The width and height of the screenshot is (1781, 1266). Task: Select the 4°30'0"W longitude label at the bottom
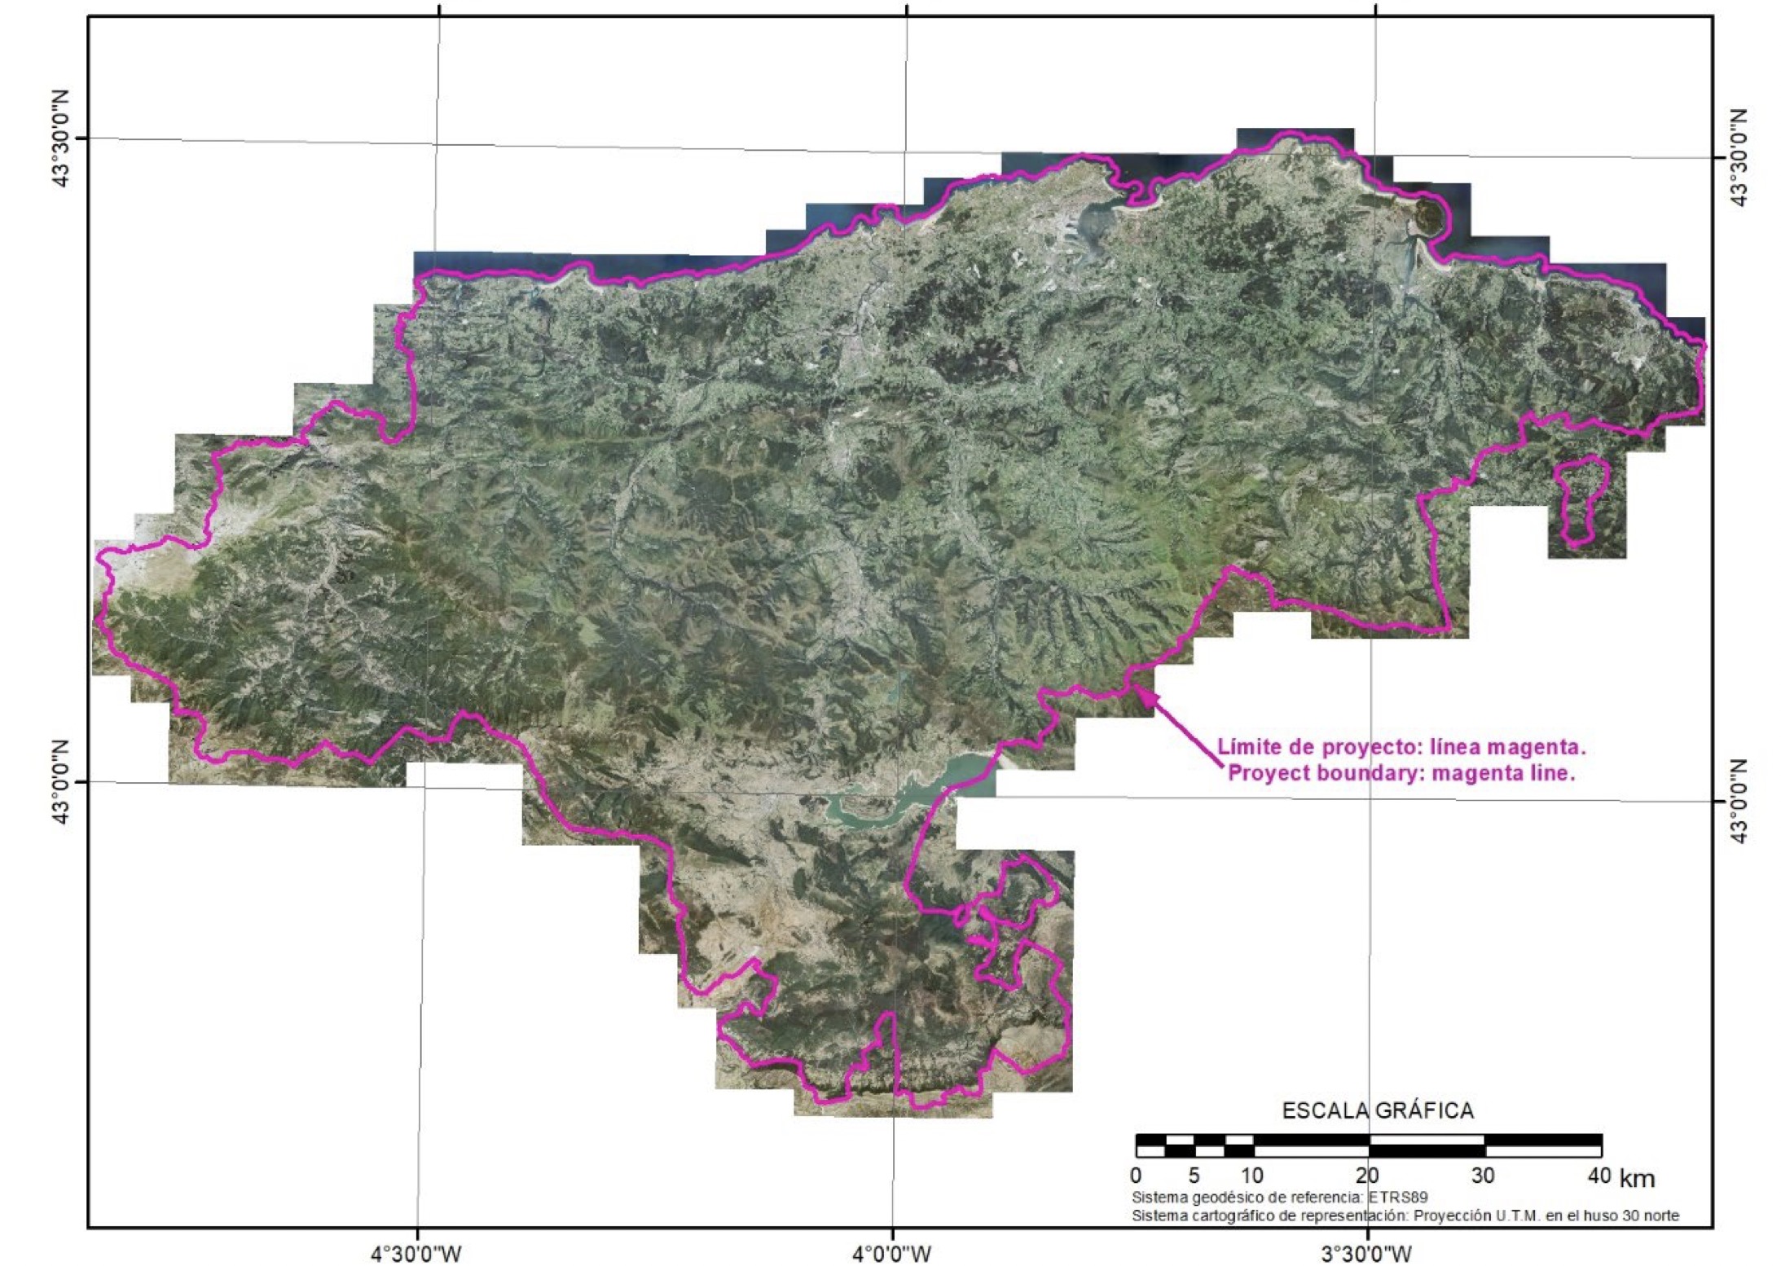pyautogui.click(x=417, y=1252)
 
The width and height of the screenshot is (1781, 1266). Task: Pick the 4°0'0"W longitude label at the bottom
pyautogui.click(x=892, y=1252)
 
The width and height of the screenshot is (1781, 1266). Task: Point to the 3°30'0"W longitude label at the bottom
pyautogui.click(x=1367, y=1252)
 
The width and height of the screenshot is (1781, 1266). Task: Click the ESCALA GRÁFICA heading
pyautogui.click(x=1378, y=1110)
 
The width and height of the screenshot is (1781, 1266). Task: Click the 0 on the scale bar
pyautogui.click(x=1137, y=1176)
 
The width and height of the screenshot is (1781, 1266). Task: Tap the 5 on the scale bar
pyautogui.click(x=1194, y=1176)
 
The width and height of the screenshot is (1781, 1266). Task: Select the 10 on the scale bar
pyautogui.click(x=1252, y=1176)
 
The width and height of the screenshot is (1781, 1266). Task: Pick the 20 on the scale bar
pyautogui.click(x=1368, y=1176)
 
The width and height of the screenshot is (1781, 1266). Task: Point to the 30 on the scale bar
pyautogui.click(x=1484, y=1176)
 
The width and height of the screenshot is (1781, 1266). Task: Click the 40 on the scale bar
pyautogui.click(x=1599, y=1176)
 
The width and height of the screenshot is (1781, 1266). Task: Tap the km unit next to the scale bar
pyautogui.click(x=1637, y=1178)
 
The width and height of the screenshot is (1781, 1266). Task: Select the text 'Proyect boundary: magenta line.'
pyautogui.click(x=1401, y=773)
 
